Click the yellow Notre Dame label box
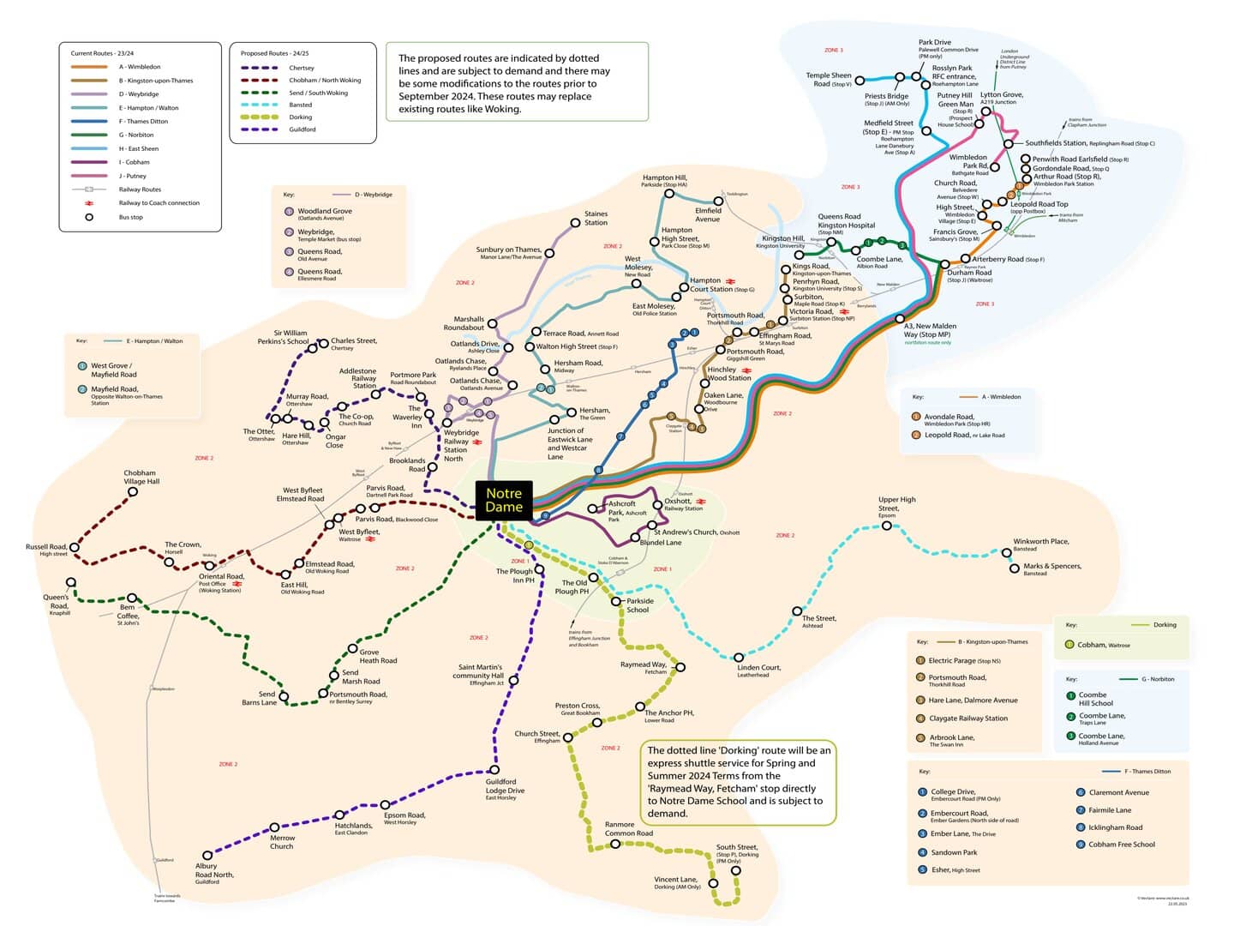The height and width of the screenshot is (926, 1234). (504, 500)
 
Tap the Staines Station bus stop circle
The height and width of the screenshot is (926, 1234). (576, 223)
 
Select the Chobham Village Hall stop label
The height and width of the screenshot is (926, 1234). (140, 477)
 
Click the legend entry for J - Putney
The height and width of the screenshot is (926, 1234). (133, 176)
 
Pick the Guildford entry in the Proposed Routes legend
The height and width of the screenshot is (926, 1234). (302, 129)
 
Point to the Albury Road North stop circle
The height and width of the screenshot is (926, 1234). (207, 855)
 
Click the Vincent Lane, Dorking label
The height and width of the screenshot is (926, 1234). (676, 882)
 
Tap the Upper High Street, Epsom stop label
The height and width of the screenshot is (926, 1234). (896, 507)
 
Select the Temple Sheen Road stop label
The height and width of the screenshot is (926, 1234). (828, 79)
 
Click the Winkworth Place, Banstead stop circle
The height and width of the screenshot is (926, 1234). (1007, 553)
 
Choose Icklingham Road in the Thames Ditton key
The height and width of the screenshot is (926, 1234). (1115, 827)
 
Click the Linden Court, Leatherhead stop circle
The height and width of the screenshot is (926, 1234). (740, 658)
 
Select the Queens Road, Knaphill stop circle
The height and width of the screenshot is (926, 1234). (71, 583)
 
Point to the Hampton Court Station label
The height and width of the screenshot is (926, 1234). (711, 285)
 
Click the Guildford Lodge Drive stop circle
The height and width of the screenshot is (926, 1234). (494, 770)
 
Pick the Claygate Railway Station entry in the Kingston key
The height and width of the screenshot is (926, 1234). (967, 719)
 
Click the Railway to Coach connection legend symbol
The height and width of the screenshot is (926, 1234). (88, 203)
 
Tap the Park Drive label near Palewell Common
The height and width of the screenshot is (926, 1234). (934, 42)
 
